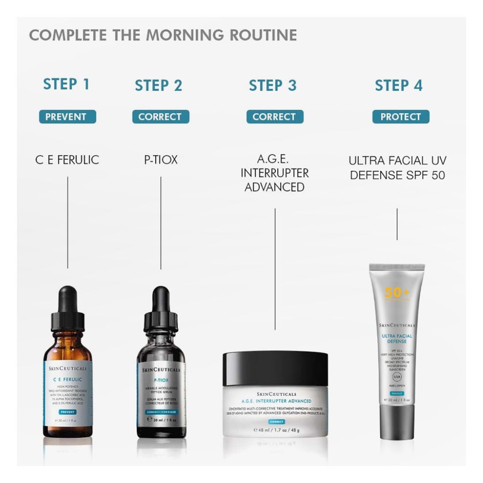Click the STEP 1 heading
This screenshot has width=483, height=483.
tap(67, 85)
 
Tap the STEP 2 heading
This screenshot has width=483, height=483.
tap(159, 86)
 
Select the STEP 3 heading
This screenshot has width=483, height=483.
tap(273, 86)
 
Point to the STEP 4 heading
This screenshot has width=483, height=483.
tap(398, 86)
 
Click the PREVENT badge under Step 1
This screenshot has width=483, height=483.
tap(67, 117)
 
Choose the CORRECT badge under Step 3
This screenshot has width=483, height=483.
tap(274, 117)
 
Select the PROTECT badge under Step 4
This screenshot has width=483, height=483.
tap(400, 117)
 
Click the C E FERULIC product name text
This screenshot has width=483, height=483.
tap(67, 160)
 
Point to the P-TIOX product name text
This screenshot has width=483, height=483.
tap(160, 160)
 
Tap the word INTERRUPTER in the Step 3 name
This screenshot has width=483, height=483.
tap(275, 173)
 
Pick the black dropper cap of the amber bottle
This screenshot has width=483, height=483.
tap(67, 310)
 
